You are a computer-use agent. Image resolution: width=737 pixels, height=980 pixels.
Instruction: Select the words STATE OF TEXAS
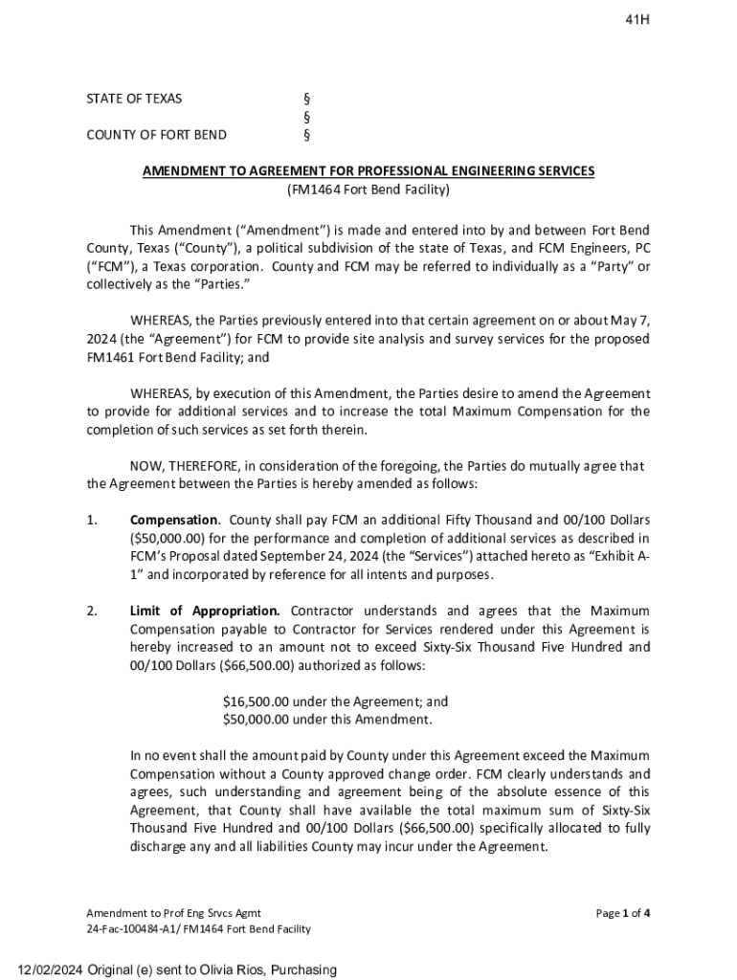[x=134, y=99]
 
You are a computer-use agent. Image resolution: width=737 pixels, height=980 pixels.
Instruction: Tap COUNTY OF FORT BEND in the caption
[x=156, y=135]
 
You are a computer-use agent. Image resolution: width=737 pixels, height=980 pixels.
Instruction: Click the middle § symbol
[x=306, y=117]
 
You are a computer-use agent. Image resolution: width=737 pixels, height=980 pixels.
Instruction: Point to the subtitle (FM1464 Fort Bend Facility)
[x=368, y=189]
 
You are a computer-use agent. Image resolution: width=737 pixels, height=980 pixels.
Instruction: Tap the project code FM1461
[x=109, y=358]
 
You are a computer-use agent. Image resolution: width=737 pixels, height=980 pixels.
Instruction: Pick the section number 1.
[x=92, y=520]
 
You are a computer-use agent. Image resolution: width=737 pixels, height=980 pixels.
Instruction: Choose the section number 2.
[x=92, y=611]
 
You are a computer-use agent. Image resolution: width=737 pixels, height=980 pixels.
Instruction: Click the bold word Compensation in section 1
[x=173, y=520]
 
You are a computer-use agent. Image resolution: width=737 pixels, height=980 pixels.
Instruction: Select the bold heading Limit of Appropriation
[x=205, y=611]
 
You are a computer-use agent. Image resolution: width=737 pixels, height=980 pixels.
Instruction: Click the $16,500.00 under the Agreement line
[x=335, y=702]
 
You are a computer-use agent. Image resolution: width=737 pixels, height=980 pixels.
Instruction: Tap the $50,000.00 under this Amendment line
[x=327, y=719]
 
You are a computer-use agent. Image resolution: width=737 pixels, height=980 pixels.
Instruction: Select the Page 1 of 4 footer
[x=623, y=913]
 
